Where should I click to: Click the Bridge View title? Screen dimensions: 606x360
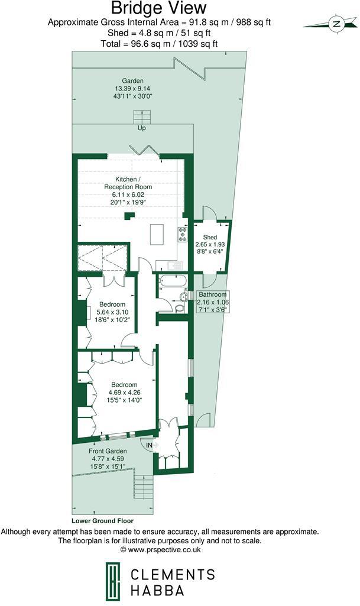pyautogui.click(x=159, y=8)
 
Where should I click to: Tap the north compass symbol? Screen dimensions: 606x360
pyautogui.click(x=336, y=24)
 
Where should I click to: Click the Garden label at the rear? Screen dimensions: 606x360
pyautogui.click(x=133, y=80)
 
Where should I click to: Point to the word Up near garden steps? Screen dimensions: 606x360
pyautogui.click(x=142, y=128)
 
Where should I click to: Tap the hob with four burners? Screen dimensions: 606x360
pyautogui.click(x=181, y=235)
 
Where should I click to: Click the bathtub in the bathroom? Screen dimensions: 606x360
pyautogui.click(x=173, y=281)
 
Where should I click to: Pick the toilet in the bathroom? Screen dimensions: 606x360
pyautogui.click(x=180, y=307)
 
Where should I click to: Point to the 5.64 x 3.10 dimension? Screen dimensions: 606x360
pyautogui.click(x=112, y=312)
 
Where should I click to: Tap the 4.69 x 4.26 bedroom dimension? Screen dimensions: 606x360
pyautogui.click(x=125, y=392)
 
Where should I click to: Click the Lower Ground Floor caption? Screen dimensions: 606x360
pyautogui.click(x=102, y=521)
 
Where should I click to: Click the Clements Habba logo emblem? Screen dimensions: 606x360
pyautogui.click(x=110, y=580)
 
